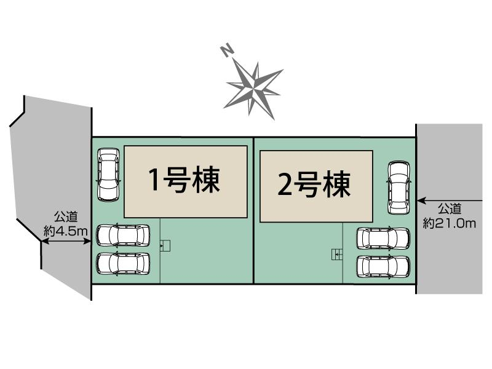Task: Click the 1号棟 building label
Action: tap(184, 180)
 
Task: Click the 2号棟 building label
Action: tap(314, 184)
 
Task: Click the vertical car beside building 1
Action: tap(108, 175)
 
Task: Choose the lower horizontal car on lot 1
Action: tap(123, 263)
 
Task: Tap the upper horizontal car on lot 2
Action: tap(384, 238)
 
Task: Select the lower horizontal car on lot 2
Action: tap(384, 266)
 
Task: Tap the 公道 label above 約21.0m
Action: tap(450, 208)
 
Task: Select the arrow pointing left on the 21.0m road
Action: tap(443, 200)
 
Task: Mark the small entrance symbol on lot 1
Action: tap(165, 246)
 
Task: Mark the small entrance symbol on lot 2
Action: tap(336, 254)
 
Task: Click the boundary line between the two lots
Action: tap(254, 209)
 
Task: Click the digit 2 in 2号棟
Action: tap(285, 185)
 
